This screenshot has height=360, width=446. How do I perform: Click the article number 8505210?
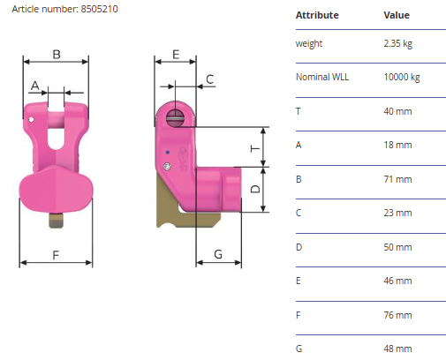(x=99, y=9)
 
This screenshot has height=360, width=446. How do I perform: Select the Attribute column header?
(x=317, y=15)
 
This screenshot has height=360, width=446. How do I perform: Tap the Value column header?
(x=397, y=15)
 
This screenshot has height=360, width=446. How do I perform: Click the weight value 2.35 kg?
(x=397, y=43)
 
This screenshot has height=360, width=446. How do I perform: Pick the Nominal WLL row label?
(x=322, y=77)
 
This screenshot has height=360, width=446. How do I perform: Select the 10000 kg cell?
(x=402, y=77)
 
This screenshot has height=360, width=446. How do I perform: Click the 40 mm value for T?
(x=397, y=111)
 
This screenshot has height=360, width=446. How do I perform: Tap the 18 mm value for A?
(x=397, y=145)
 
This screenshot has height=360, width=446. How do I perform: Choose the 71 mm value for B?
(x=397, y=179)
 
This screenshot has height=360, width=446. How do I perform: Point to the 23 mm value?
(x=397, y=213)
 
